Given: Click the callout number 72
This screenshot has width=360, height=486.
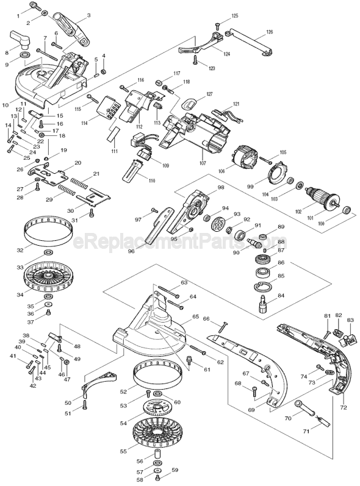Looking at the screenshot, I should coord(344,407).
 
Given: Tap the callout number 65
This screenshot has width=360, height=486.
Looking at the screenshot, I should coord(196,317).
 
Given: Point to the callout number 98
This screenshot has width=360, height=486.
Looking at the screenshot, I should coord(220,187).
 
